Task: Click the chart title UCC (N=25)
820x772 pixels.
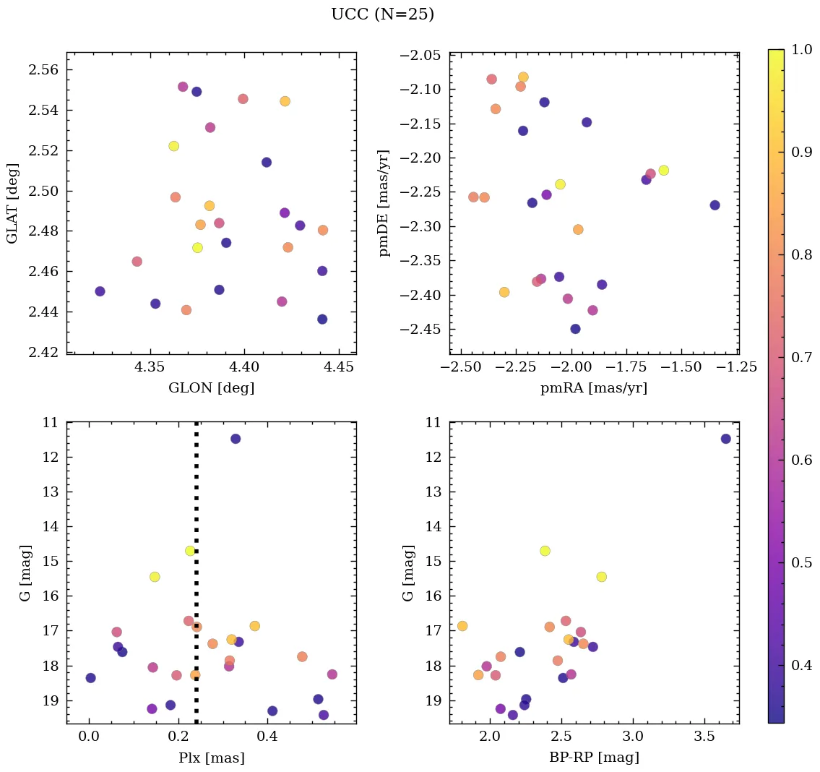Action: [382, 14]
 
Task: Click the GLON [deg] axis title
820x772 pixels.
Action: [211, 388]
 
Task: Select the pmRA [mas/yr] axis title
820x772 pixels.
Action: [593, 388]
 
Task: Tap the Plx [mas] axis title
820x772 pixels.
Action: [211, 758]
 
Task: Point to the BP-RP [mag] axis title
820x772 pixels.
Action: [593, 758]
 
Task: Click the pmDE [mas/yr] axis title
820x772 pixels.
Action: [384, 203]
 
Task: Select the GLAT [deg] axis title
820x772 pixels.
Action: [12, 203]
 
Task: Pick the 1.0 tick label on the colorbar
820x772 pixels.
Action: [801, 49]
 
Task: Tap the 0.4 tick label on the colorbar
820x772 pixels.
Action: [801, 665]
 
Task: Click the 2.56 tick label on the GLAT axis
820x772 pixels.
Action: [44, 70]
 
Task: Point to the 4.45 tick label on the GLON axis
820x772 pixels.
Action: [340, 367]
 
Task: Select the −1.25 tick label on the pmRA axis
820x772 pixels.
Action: [738, 367]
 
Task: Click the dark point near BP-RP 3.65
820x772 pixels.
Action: [725, 439]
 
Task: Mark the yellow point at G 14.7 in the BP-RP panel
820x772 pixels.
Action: [545, 551]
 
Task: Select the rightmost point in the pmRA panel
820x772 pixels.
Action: [715, 205]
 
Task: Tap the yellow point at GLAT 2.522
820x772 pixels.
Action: [173, 146]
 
